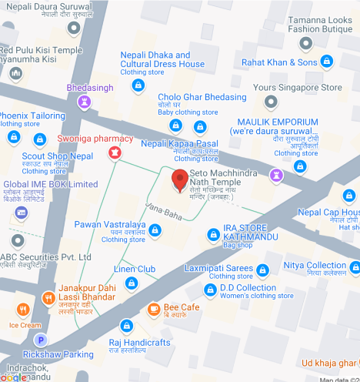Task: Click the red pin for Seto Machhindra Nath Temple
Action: (x=180, y=179)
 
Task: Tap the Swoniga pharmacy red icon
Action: (x=115, y=152)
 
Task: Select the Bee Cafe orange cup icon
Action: (x=153, y=310)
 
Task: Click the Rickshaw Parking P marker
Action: (x=42, y=340)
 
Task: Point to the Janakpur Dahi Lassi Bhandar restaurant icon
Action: (x=48, y=297)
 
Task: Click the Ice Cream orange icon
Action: (x=24, y=310)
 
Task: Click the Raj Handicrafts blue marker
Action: (x=126, y=326)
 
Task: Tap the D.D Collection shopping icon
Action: (x=209, y=289)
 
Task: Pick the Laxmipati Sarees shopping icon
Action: (x=263, y=270)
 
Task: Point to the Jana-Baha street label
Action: (x=163, y=209)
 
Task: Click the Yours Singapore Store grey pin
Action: (x=268, y=101)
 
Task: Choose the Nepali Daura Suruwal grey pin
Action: (x=73, y=26)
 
